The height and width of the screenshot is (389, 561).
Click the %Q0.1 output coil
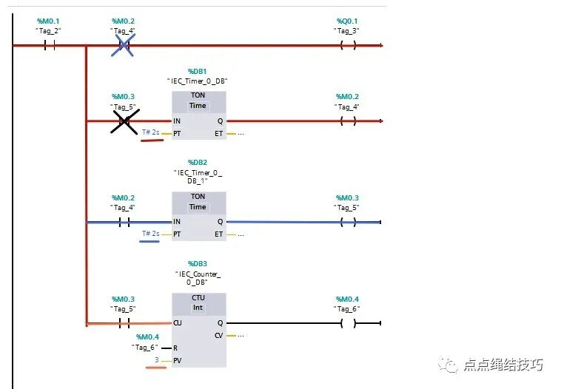pos(348,45)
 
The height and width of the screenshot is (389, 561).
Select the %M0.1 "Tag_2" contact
pos(50,45)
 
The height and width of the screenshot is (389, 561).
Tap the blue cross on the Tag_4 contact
pos(124,46)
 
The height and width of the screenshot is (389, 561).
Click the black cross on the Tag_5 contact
pos(124,121)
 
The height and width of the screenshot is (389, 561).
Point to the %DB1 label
pos(198,71)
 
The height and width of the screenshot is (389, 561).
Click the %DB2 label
pos(198,162)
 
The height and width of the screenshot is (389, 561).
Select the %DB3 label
pos(198,263)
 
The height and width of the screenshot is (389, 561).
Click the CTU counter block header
pos(198,302)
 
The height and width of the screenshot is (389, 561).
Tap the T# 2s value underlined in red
pos(152,132)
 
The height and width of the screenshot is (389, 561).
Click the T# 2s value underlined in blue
pos(152,234)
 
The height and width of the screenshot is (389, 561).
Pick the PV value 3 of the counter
pos(156,360)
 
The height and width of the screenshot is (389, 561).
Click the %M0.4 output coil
pos(348,323)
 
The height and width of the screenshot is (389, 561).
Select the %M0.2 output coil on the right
pos(348,121)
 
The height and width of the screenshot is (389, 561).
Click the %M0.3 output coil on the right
pos(348,222)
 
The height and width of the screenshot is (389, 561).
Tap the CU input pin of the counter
pos(178,323)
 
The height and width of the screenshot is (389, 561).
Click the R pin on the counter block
pos(175,348)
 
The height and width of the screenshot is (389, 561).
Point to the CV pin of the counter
pos(218,336)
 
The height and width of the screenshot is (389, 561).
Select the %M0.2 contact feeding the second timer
pos(124,222)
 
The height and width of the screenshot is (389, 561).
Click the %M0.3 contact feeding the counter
pos(124,323)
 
